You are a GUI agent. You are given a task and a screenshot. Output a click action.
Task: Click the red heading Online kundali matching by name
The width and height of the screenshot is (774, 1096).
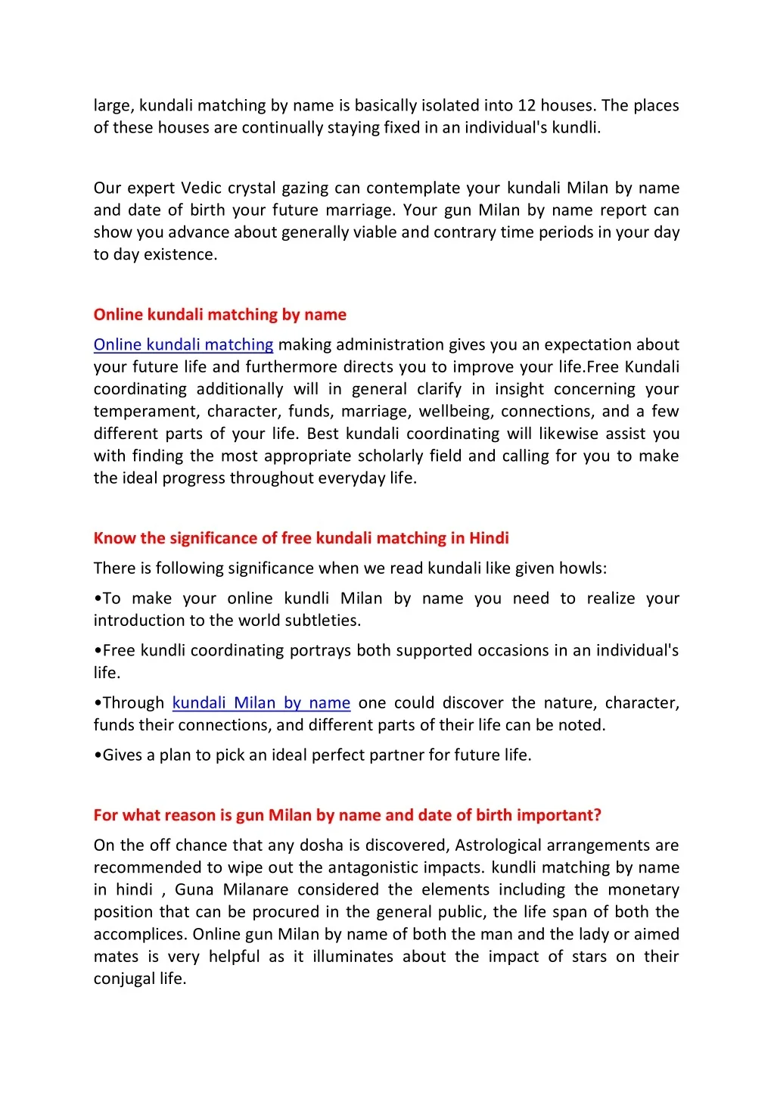(220, 315)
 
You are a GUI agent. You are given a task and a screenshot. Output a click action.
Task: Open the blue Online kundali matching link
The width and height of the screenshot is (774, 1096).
(183, 345)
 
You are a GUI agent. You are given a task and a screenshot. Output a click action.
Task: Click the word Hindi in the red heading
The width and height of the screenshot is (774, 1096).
(489, 539)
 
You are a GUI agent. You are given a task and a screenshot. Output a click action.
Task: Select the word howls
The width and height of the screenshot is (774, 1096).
(583, 568)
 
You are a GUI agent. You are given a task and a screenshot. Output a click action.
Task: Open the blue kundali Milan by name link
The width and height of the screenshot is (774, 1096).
(261, 703)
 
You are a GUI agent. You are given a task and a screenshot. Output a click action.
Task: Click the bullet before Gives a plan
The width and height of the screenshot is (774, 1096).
(98, 755)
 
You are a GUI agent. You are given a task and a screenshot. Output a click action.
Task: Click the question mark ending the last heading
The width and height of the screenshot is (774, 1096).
(598, 815)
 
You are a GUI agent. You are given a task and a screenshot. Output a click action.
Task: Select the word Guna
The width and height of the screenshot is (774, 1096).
(194, 890)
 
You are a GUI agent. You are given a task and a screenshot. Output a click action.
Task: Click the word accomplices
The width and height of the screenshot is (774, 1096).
(140, 935)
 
